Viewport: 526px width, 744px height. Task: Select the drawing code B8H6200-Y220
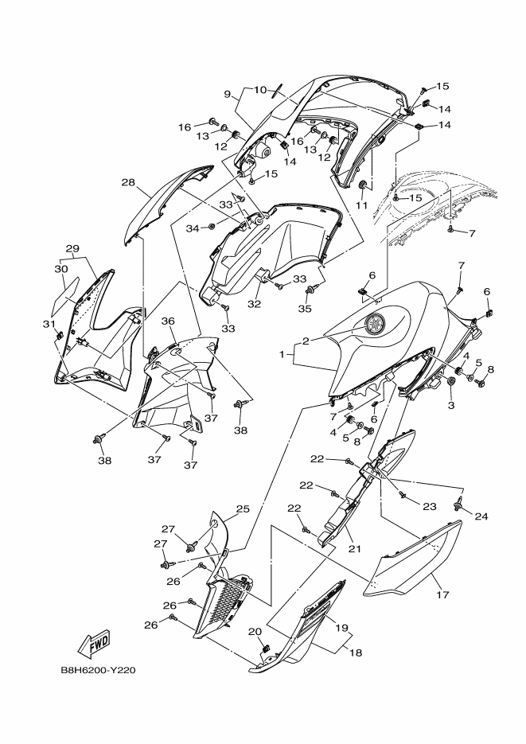(99, 670)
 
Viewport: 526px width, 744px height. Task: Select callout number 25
(243, 508)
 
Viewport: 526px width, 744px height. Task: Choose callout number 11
(361, 205)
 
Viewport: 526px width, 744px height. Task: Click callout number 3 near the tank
(450, 405)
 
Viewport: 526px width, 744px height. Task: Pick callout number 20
(255, 632)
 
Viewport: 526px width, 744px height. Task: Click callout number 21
(347, 549)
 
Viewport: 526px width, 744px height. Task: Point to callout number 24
(481, 516)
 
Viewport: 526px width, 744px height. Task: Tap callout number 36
(168, 321)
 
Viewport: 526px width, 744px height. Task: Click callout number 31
(48, 325)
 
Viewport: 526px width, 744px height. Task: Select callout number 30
(60, 269)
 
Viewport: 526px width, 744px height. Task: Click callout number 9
(228, 95)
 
